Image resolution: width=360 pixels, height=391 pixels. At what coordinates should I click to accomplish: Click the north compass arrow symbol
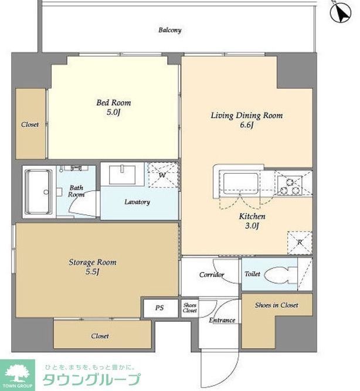(341, 12)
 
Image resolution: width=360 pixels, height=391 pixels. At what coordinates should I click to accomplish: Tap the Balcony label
(170, 30)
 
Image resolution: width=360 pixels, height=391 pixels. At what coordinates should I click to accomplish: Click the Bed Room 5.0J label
(114, 107)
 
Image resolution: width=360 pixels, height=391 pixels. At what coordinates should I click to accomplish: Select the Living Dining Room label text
(247, 115)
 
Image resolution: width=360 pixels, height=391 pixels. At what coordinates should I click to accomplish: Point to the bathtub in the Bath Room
(39, 192)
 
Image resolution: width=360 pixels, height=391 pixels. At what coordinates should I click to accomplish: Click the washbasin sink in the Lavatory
(122, 174)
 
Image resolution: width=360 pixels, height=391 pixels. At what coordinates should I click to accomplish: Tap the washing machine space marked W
(164, 175)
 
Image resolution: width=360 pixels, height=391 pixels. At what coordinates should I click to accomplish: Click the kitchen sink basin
(240, 183)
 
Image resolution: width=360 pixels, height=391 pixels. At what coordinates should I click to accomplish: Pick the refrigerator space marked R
(300, 243)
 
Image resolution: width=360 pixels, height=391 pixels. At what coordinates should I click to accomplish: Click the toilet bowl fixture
(280, 275)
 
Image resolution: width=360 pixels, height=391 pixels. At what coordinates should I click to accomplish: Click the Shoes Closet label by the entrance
(190, 308)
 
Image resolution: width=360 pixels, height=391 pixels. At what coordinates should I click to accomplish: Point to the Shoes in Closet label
(276, 305)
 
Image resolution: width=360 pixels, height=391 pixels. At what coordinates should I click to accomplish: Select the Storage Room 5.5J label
(93, 267)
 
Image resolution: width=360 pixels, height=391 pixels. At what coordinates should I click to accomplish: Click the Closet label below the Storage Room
(100, 336)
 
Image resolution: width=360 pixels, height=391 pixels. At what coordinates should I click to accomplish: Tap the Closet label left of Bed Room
(30, 124)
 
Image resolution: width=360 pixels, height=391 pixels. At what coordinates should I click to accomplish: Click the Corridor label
(212, 275)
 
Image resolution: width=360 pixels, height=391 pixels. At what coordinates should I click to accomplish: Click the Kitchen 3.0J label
(252, 221)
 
